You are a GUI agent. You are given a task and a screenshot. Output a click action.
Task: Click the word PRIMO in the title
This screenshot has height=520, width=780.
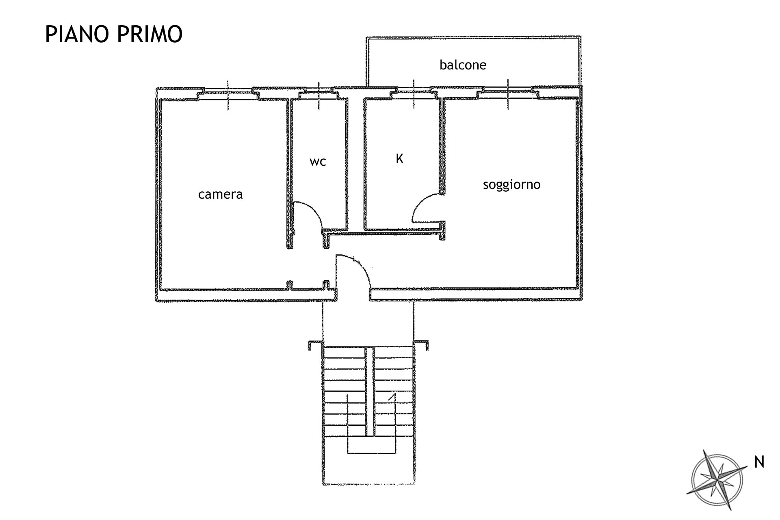click(150, 34)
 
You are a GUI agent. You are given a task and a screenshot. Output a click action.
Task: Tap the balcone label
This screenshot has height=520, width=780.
click(463, 65)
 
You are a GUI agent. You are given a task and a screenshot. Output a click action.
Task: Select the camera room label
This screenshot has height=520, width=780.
click(220, 194)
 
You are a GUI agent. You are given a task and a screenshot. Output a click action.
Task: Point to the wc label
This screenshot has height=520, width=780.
click(318, 162)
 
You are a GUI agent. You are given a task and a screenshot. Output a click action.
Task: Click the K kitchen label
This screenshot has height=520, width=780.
click(399, 159)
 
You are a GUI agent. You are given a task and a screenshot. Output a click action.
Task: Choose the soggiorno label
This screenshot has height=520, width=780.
click(511, 184)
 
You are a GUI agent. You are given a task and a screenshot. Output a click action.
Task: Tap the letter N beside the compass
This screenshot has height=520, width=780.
click(759, 462)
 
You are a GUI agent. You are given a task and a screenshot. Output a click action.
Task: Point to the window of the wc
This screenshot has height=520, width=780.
click(318, 95)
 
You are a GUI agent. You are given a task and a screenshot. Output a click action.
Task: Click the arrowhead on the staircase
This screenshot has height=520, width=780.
click(392, 398)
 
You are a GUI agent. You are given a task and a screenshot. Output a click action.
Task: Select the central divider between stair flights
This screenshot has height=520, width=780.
click(369, 392)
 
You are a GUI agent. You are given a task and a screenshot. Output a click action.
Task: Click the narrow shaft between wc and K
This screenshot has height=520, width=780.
click(356, 162)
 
